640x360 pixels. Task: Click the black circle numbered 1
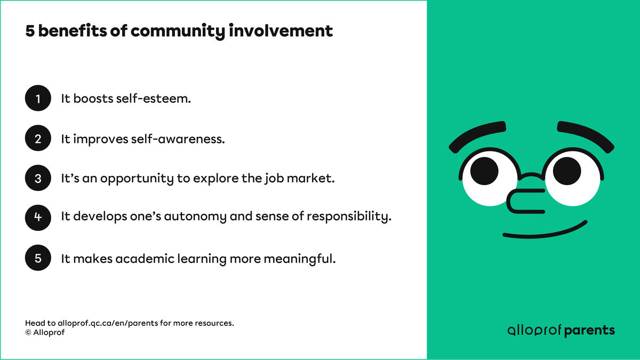(x=38, y=99)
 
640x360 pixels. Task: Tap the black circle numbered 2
(x=38, y=139)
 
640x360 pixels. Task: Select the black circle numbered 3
(x=38, y=179)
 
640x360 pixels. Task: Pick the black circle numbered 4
(x=38, y=218)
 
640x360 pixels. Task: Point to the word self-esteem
(x=153, y=99)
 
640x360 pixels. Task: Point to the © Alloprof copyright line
(x=45, y=332)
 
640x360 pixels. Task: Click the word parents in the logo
(x=589, y=331)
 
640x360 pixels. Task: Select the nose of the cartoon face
(x=525, y=199)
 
